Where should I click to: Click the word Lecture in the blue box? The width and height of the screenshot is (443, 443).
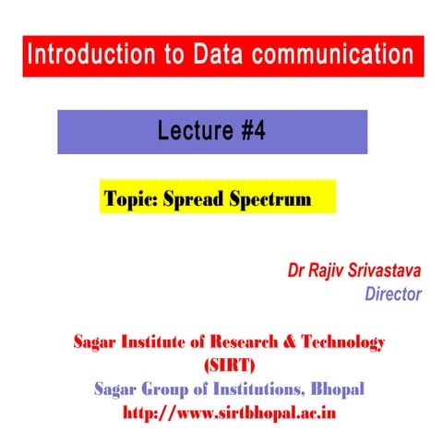(190, 132)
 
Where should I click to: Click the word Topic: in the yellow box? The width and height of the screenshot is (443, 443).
(130, 198)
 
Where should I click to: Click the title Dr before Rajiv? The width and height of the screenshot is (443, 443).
(295, 272)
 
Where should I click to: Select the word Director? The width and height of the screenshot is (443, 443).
(393, 295)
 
